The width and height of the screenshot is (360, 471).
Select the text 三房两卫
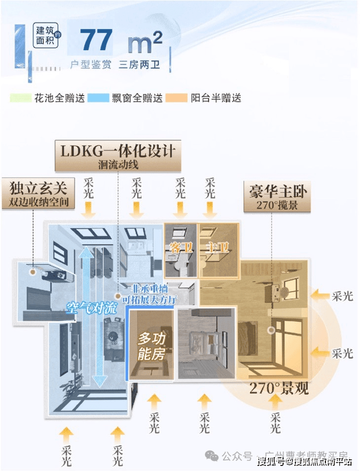pyautogui.click(x=139, y=65)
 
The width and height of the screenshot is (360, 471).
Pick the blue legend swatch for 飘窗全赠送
pyautogui.click(x=100, y=98)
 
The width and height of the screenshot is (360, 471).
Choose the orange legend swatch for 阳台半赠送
pyautogui.click(x=179, y=98)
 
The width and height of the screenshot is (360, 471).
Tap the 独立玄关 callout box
pyautogui.click(x=38, y=194)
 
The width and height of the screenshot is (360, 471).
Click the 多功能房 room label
pyautogui.click(x=150, y=345)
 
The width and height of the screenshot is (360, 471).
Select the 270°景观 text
pyautogui.click(x=279, y=388)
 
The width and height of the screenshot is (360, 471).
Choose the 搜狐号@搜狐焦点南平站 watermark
pyautogui.click(x=304, y=460)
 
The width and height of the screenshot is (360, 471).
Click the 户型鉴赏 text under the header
pyautogui.click(x=90, y=65)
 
